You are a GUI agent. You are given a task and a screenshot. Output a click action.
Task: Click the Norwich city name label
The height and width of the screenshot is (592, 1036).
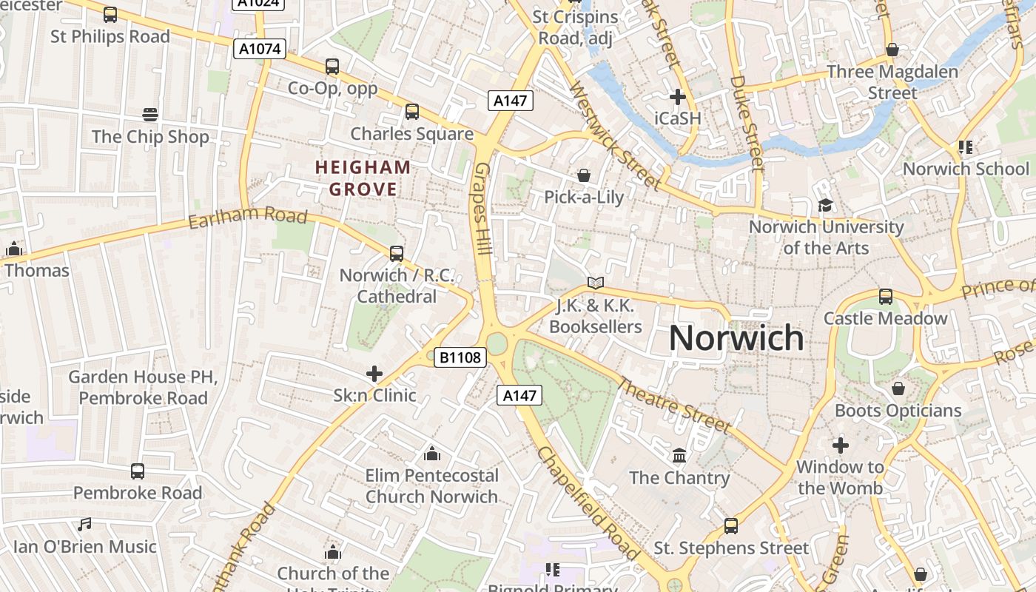[x=736, y=338]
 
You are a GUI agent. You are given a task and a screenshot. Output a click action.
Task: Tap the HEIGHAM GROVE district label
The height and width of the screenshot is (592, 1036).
[x=363, y=178]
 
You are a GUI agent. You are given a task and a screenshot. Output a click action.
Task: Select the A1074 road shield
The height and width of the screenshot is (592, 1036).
[x=260, y=50]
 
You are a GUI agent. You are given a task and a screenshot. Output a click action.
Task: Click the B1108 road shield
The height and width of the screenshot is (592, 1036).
[x=460, y=358]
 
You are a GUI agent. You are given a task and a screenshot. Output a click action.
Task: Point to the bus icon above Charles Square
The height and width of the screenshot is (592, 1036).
[x=411, y=112]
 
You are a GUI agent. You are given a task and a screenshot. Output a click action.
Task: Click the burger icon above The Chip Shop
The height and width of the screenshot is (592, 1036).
[x=150, y=115]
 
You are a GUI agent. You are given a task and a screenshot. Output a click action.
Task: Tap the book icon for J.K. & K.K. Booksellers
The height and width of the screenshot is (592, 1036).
[x=595, y=283]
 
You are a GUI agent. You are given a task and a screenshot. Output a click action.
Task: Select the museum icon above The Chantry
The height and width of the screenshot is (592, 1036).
[x=679, y=455]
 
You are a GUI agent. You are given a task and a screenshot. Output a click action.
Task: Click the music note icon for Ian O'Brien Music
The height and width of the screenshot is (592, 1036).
[x=85, y=525]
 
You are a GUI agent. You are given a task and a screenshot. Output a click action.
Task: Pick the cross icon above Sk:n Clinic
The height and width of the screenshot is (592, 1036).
[x=374, y=374]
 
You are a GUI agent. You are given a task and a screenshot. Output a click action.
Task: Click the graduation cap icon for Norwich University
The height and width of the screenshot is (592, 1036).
[x=825, y=205]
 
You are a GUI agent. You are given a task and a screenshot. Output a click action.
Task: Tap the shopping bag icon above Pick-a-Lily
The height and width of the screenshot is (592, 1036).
[x=584, y=175]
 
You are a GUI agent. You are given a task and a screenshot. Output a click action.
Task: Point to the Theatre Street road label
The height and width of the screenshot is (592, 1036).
[x=673, y=406]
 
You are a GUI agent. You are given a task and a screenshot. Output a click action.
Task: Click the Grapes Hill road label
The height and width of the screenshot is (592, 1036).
[x=482, y=209]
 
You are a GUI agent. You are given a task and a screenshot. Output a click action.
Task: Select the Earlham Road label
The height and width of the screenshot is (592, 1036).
[x=247, y=217]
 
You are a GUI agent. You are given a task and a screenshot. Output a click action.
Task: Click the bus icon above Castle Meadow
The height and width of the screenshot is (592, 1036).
[x=885, y=297]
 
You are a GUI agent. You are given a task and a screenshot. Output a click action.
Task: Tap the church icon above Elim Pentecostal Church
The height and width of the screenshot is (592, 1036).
[x=431, y=453]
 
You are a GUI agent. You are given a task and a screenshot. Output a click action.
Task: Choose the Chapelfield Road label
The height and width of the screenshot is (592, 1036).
[x=588, y=503]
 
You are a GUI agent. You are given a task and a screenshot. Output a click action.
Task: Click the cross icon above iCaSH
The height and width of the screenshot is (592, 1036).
[x=677, y=97]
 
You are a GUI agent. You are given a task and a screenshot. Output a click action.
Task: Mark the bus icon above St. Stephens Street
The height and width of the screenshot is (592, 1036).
[x=731, y=526]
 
